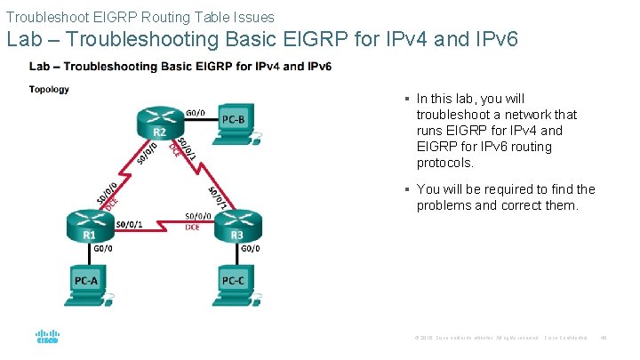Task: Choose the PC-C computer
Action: pos(235,283)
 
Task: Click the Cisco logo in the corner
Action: pos(47,338)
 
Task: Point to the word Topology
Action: pos(49,89)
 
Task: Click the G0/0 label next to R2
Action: pos(196,113)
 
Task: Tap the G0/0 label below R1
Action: pos(103,249)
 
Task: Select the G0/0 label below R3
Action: pos(251,249)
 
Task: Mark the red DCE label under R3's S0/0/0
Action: pos(192,228)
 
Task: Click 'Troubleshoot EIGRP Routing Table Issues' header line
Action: pos(140,16)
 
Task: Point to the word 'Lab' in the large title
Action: pos(23,40)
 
